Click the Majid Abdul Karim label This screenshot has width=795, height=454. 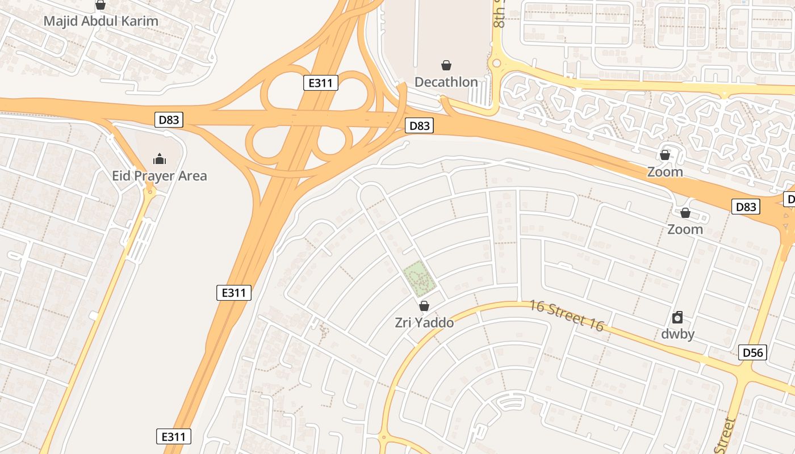101,22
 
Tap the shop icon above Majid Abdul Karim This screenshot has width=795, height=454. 101,5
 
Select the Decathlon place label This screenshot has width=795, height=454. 446,82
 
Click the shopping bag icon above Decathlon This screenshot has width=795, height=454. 446,66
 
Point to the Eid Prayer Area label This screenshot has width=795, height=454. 159,176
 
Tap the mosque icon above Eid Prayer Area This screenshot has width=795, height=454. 160,158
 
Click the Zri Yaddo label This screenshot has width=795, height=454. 424,323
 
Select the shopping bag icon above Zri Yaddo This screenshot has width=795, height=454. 424,306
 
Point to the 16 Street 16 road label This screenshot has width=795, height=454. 566,316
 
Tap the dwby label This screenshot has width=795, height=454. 677,334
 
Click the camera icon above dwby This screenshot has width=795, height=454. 677,317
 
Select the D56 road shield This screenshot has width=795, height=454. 753,352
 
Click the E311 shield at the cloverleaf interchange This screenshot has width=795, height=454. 321,83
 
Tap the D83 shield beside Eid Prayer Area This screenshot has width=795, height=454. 169,120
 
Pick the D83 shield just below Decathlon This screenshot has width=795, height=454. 419,125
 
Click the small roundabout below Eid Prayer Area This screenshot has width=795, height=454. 150,192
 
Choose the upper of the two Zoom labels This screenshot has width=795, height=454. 665,171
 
